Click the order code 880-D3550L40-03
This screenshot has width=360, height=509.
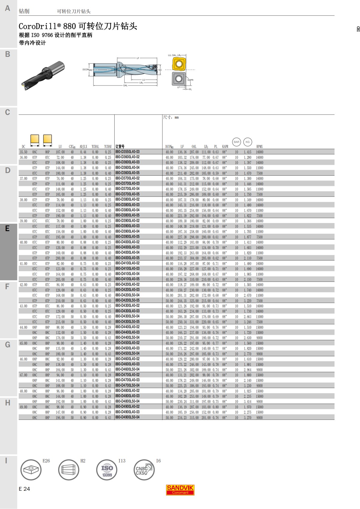[x=127, y=152]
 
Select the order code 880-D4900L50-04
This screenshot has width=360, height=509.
[x=127, y=417]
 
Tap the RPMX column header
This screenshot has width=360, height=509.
[x=259, y=147]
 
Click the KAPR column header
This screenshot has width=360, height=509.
[x=225, y=147]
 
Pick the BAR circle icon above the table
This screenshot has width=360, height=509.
[x=236, y=142]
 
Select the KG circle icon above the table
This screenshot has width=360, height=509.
[x=247, y=142]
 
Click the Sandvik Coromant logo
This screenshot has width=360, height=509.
[x=180, y=490]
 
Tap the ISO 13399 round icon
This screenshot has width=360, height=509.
[x=107, y=470]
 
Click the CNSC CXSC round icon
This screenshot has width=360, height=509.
[x=144, y=470]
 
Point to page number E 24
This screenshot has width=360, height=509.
[x=24, y=489]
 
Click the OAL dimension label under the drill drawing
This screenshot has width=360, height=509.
[x=125, y=85]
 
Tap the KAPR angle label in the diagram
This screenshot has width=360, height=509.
[x=190, y=80]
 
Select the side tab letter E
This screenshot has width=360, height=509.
[x=7, y=228]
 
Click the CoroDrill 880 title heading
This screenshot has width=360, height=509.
[x=78, y=26]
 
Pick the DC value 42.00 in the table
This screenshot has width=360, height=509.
[x=23, y=285]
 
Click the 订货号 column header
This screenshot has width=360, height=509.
[x=120, y=147]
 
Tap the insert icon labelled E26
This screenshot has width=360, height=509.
[x=31, y=470]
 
